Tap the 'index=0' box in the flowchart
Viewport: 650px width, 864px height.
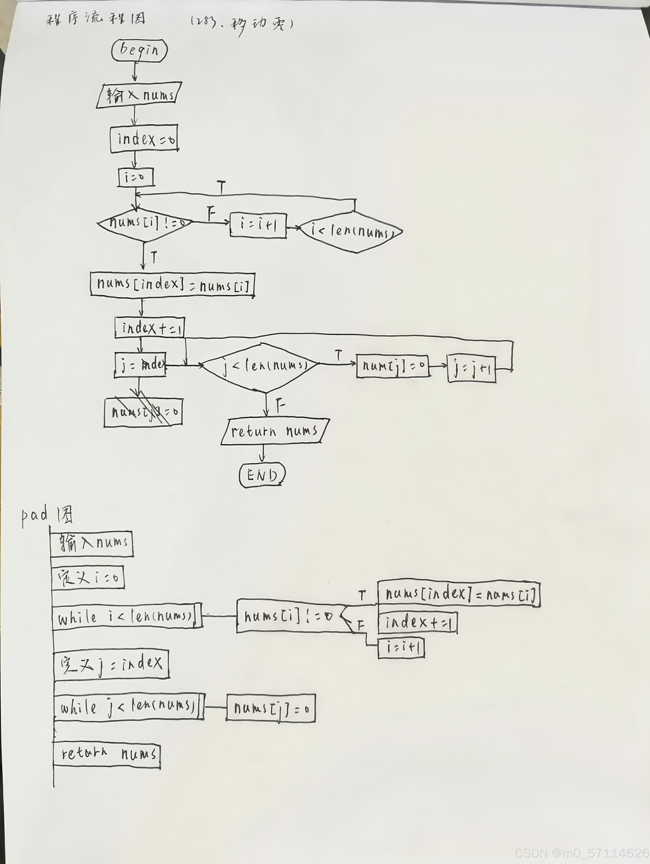(144, 139)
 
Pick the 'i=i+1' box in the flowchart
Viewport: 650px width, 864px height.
(258, 225)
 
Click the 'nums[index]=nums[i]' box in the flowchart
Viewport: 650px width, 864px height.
(172, 284)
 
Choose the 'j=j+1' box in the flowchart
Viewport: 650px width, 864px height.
(471, 368)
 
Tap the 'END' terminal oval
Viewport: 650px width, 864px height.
(262, 475)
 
